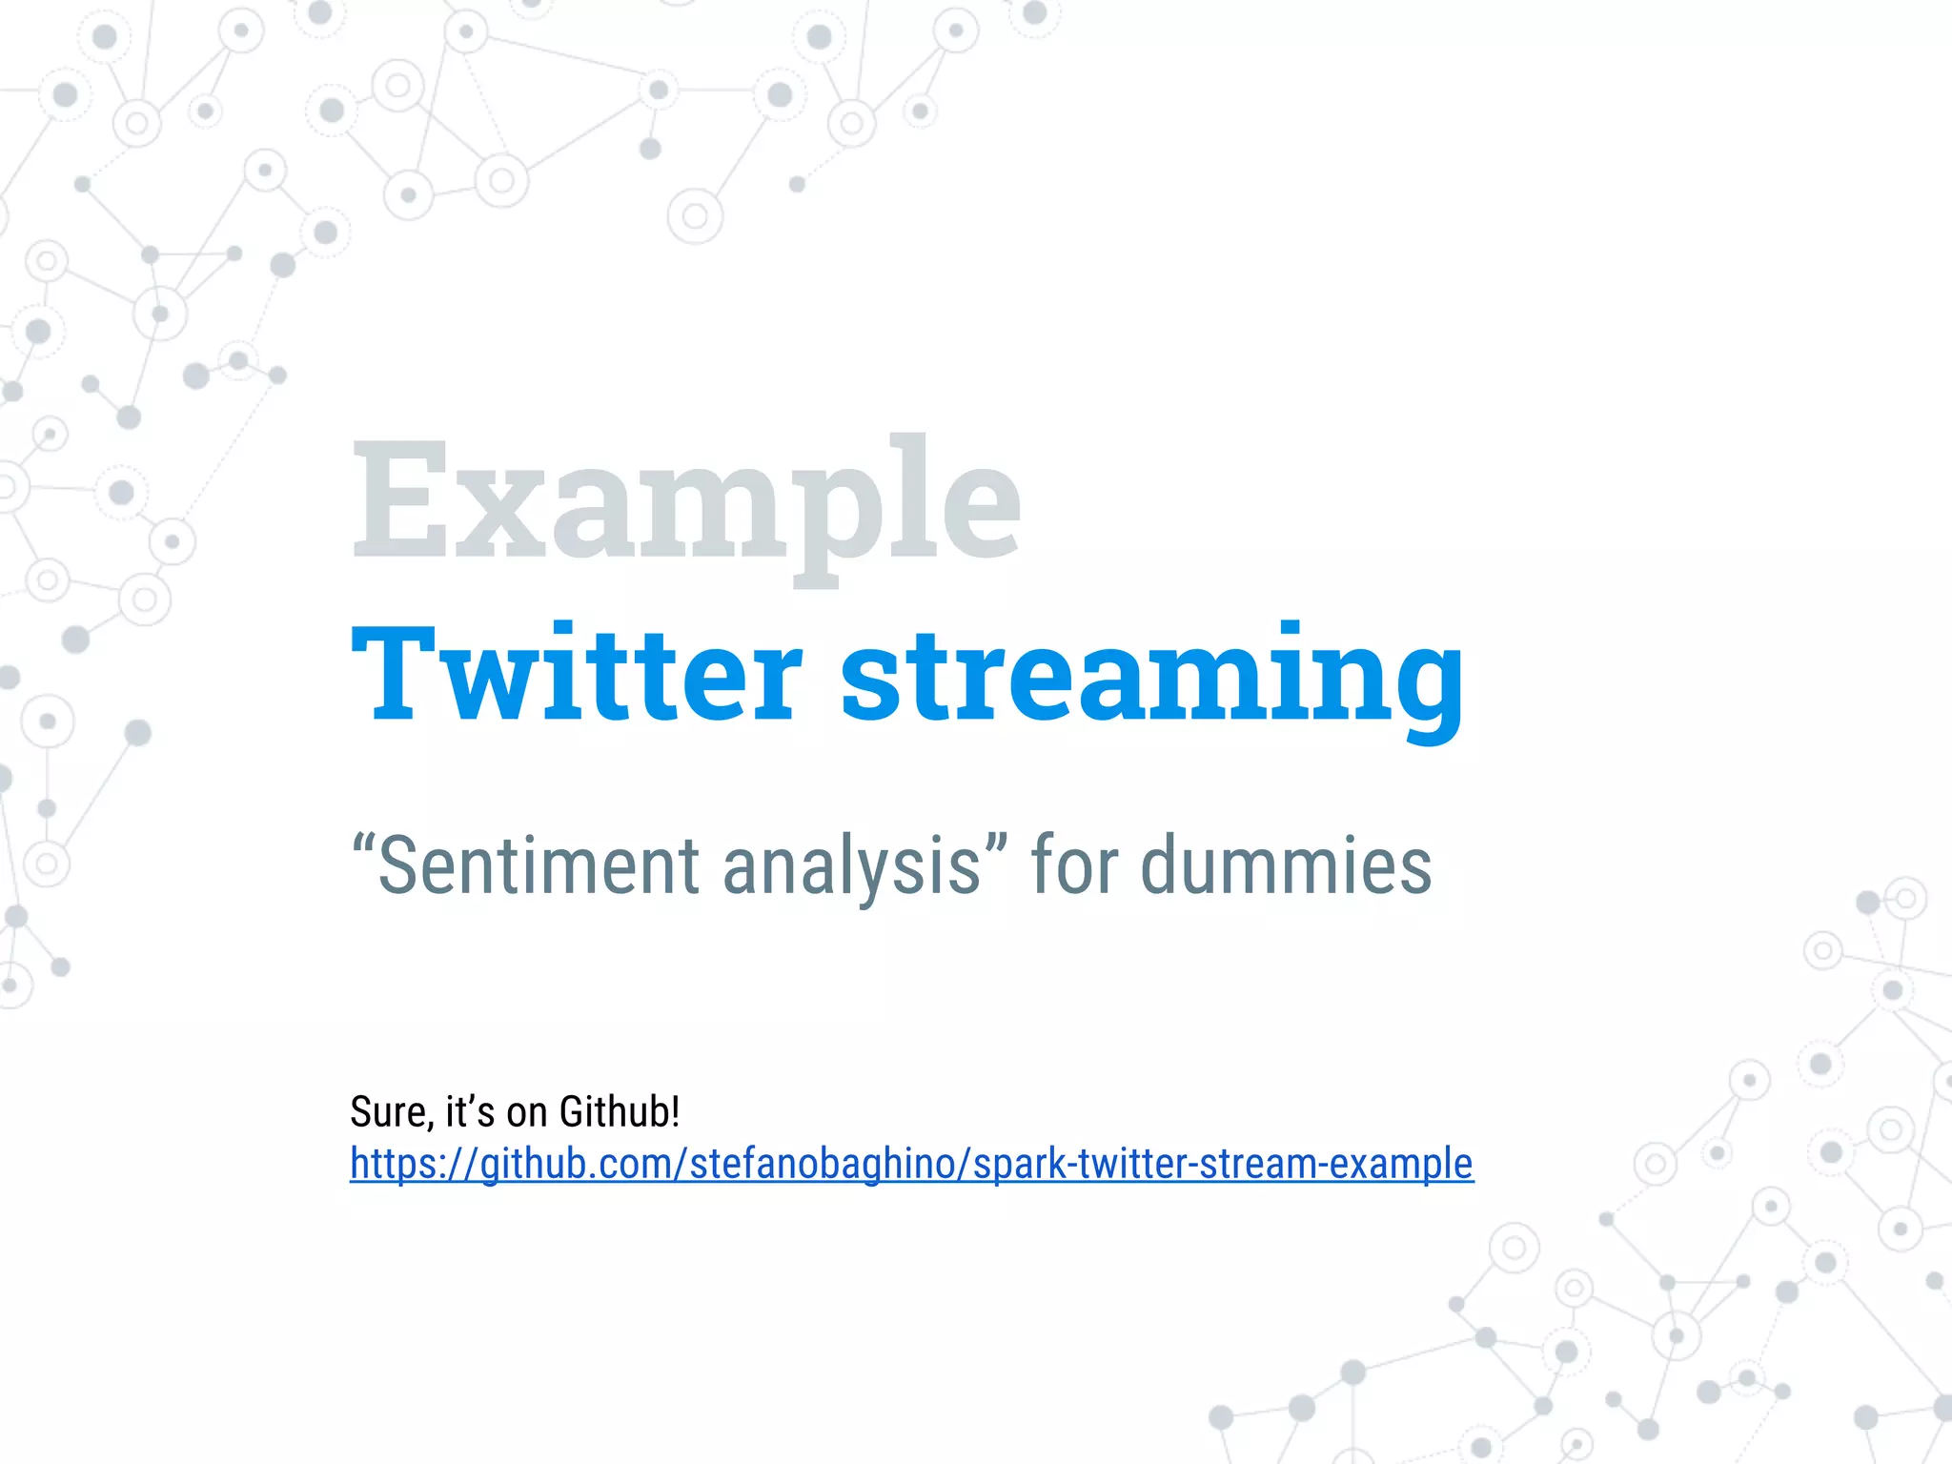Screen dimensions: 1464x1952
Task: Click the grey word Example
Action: click(686, 500)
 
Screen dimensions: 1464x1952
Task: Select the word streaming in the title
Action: click(1151, 677)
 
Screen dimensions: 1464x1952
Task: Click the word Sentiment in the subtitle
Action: click(539, 865)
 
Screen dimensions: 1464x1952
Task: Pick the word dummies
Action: click(1286, 865)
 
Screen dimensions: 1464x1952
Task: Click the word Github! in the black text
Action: click(620, 1112)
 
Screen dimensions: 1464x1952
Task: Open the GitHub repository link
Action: click(911, 1164)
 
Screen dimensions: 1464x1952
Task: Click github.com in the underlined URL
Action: click(575, 1164)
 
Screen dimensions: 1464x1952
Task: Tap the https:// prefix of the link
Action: click(413, 1164)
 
